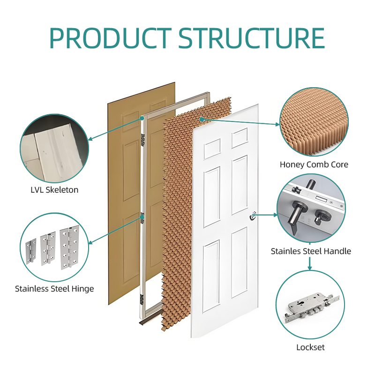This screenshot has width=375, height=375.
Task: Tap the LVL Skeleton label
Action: (54, 190)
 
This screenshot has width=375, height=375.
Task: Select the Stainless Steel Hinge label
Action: (54, 289)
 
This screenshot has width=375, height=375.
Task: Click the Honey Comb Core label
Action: (314, 165)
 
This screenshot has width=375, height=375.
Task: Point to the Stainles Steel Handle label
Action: (311, 251)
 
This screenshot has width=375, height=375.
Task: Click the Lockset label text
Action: (310, 347)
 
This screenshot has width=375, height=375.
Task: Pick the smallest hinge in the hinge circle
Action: (31, 250)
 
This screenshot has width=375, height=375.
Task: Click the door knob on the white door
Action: (254, 216)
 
